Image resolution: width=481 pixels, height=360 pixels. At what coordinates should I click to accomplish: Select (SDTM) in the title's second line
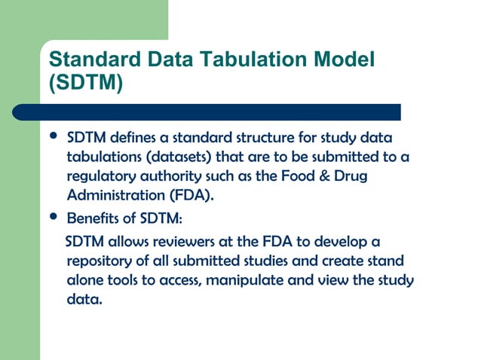pyautogui.click(x=84, y=82)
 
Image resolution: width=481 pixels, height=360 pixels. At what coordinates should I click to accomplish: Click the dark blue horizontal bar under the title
pyautogui.click(x=219, y=112)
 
